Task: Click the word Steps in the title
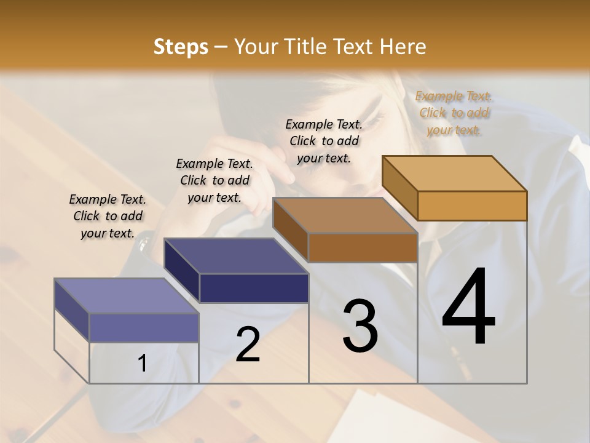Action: coord(181,47)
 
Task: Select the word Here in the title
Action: coord(403,47)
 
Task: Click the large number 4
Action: coord(468,308)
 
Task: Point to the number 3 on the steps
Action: coord(360,326)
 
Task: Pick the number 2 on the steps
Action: coord(248,345)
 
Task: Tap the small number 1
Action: coord(142,364)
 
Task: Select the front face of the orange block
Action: coord(472,206)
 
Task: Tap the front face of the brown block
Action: coord(363,247)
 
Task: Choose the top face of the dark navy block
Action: coord(236,256)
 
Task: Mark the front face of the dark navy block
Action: coord(253,288)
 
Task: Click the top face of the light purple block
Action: coord(127,296)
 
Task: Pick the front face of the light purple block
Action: coord(144,327)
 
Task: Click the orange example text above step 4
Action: coord(454,113)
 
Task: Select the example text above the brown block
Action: coord(324,141)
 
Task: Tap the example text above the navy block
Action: coord(214,180)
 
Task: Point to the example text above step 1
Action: coord(108,216)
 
